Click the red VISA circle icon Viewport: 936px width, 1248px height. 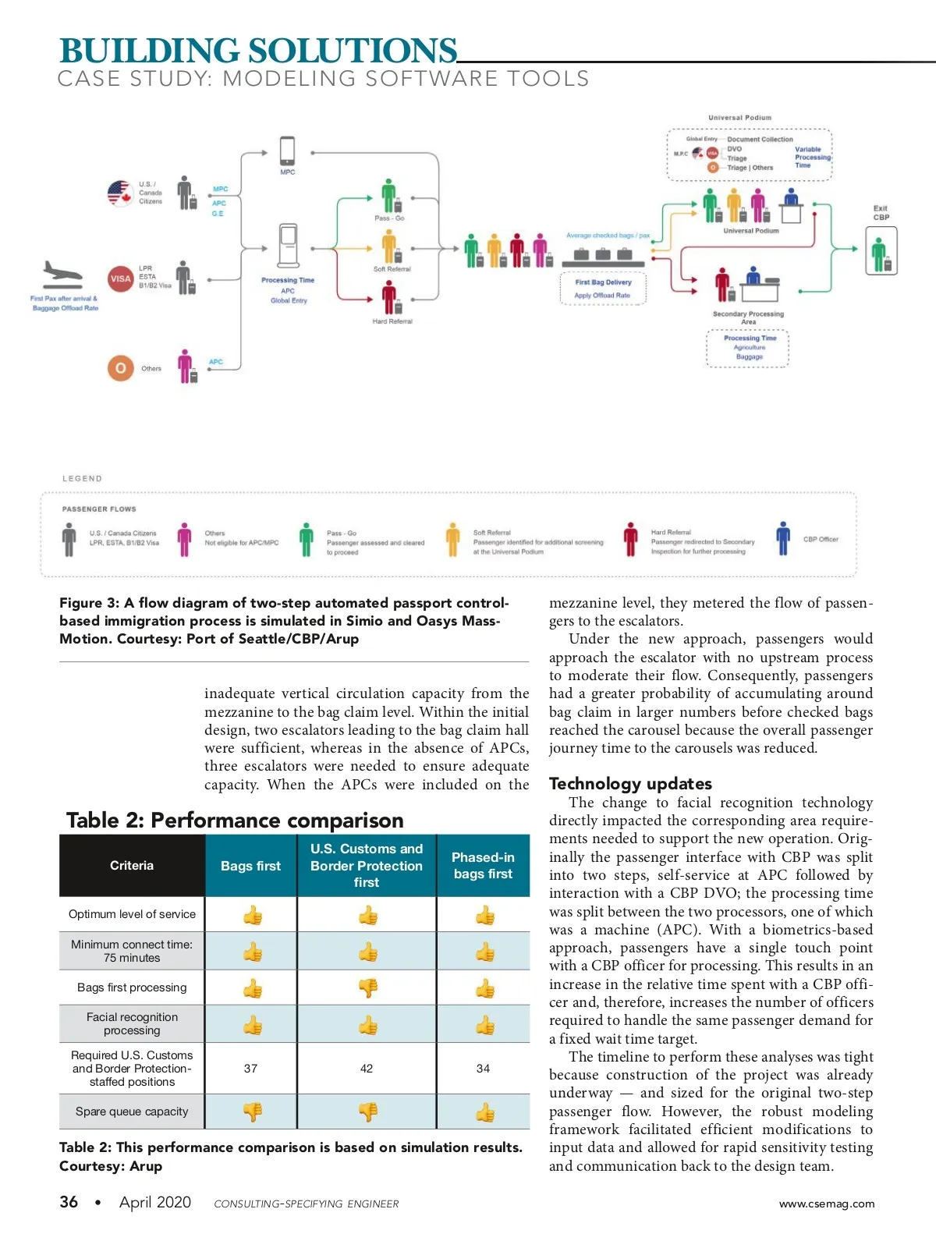point(120,278)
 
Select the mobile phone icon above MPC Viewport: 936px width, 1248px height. point(287,151)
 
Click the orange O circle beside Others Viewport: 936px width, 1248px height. point(120,368)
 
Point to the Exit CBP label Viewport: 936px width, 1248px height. point(881,213)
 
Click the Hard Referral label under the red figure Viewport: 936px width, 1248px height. point(392,321)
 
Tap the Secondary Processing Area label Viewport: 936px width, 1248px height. point(748,317)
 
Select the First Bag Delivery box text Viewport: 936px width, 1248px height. point(603,282)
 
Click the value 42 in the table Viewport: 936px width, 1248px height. point(367,1069)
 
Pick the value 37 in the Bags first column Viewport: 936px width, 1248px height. point(250,1069)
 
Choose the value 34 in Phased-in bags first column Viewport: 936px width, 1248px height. point(483,1069)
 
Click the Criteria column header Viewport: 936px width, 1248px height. point(132,866)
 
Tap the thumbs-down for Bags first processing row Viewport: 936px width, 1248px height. point(367,988)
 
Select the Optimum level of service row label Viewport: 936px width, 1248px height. point(132,914)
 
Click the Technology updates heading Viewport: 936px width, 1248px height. point(630,784)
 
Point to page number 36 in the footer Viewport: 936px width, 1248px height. point(69,1202)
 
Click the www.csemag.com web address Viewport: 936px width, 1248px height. point(826,1204)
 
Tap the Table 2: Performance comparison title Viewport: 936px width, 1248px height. point(235,821)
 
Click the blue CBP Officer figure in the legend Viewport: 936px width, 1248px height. point(783,539)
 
